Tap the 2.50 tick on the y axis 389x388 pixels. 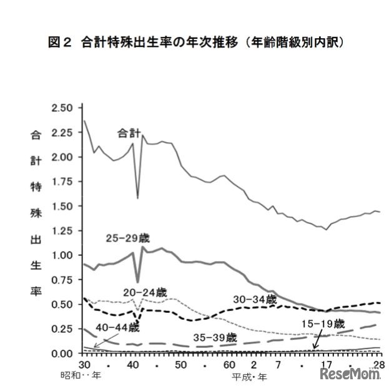tap(64, 108)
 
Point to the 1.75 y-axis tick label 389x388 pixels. tap(64, 182)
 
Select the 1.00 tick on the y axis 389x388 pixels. tap(64, 255)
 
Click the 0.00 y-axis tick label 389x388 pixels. tap(64, 354)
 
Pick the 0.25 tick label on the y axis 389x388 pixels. tap(64, 329)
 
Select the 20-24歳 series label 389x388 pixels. tap(145, 292)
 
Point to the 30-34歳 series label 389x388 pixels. tap(255, 299)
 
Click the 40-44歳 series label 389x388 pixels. tap(117, 327)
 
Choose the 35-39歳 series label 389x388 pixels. tap(215, 337)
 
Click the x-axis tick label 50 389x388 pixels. tap(180, 365)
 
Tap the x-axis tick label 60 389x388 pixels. tap(229, 365)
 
